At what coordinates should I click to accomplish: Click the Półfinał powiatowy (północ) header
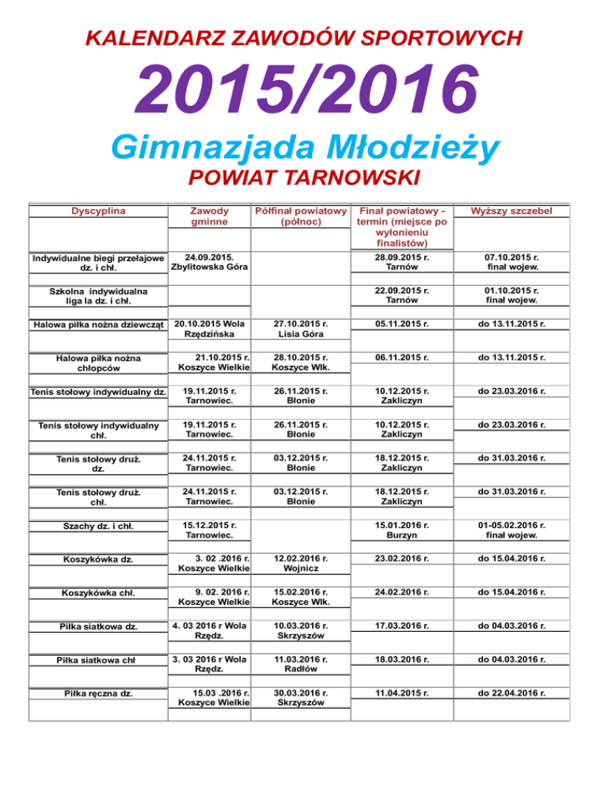[x=301, y=217]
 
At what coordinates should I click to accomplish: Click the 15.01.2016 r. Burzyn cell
[x=404, y=529]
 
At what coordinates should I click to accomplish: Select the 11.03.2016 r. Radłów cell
[x=301, y=665]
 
